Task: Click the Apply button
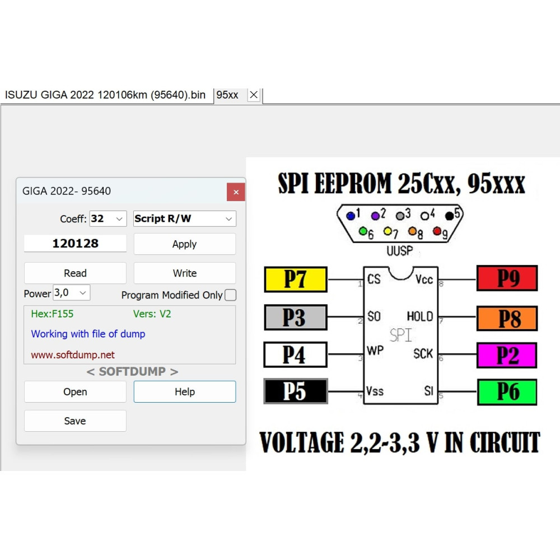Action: point(185,244)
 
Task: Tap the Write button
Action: point(185,273)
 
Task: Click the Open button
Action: point(75,392)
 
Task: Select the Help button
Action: point(185,392)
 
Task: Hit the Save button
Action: point(75,421)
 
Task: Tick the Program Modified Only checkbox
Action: point(230,295)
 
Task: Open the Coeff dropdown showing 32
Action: point(108,218)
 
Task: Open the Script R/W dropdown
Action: point(185,218)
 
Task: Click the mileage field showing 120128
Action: point(75,244)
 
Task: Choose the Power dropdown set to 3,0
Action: point(72,293)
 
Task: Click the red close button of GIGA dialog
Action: point(236,192)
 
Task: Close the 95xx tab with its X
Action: point(254,95)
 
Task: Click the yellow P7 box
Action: point(296,279)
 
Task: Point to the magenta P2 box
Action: point(507,355)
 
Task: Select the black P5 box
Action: point(296,391)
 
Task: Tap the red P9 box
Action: point(507,278)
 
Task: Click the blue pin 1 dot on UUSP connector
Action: point(351,216)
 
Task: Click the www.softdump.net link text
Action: point(73,354)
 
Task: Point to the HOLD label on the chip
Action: point(420,316)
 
